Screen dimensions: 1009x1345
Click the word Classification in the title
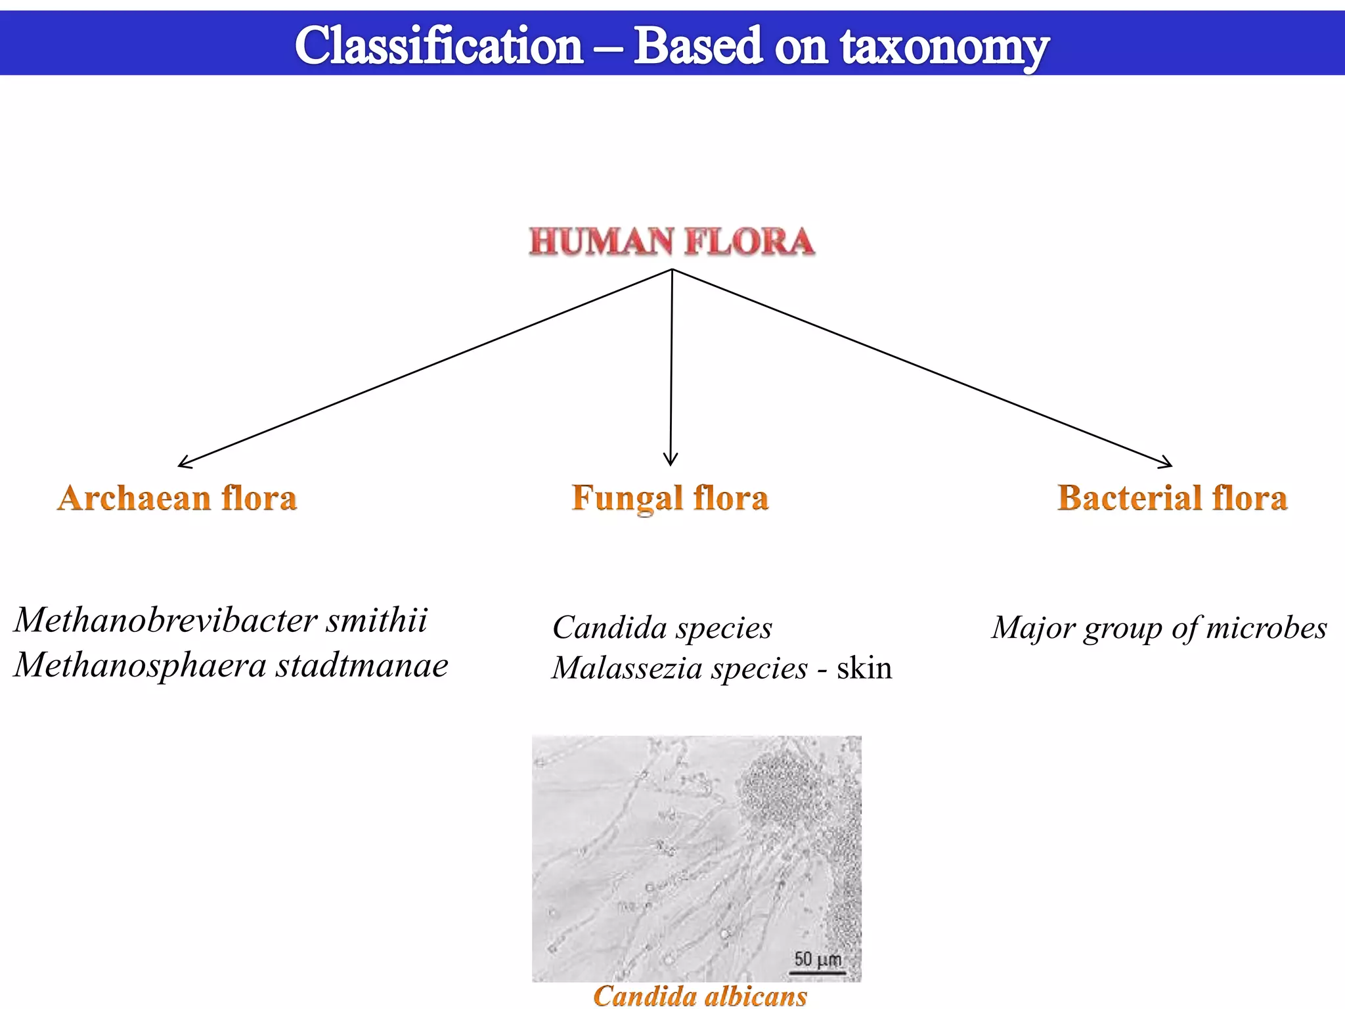[x=439, y=46]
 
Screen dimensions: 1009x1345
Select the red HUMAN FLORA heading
[x=672, y=241]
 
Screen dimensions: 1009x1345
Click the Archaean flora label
[x=177, y=498]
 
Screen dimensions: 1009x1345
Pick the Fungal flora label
[x=670, y=498]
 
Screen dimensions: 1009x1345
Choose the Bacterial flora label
[x=1172, y=498]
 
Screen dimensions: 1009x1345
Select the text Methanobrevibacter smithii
[x=221, y=620]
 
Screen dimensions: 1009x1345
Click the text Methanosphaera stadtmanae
[x=231, y=665]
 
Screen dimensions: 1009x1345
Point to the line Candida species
[x=662, y=627]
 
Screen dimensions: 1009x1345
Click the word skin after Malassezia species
[x=864, y=668]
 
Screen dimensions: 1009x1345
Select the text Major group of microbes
[x=1159, y=627]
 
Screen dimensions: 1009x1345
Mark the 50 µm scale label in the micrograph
[x=818, y=959]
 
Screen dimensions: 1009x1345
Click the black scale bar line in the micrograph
[x=818, y=972]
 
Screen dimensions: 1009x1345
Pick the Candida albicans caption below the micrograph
[x=700, y=996]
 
